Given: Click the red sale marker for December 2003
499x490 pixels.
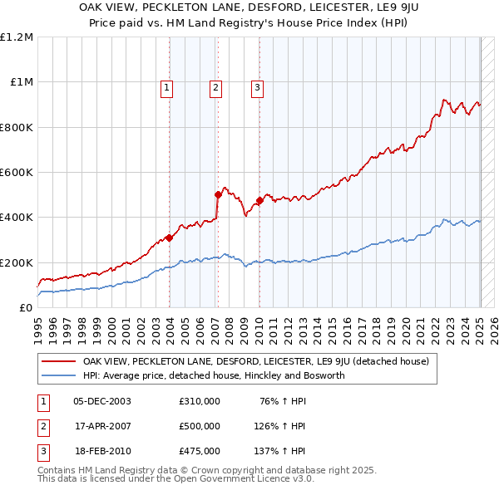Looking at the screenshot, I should (169, 238).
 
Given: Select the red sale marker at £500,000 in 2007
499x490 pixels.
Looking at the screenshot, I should (218, 194).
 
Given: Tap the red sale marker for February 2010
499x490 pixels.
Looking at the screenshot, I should (259, 200).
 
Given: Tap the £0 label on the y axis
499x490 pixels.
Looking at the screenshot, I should (26, 308).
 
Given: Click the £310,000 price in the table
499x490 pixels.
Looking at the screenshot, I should (200, 401).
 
